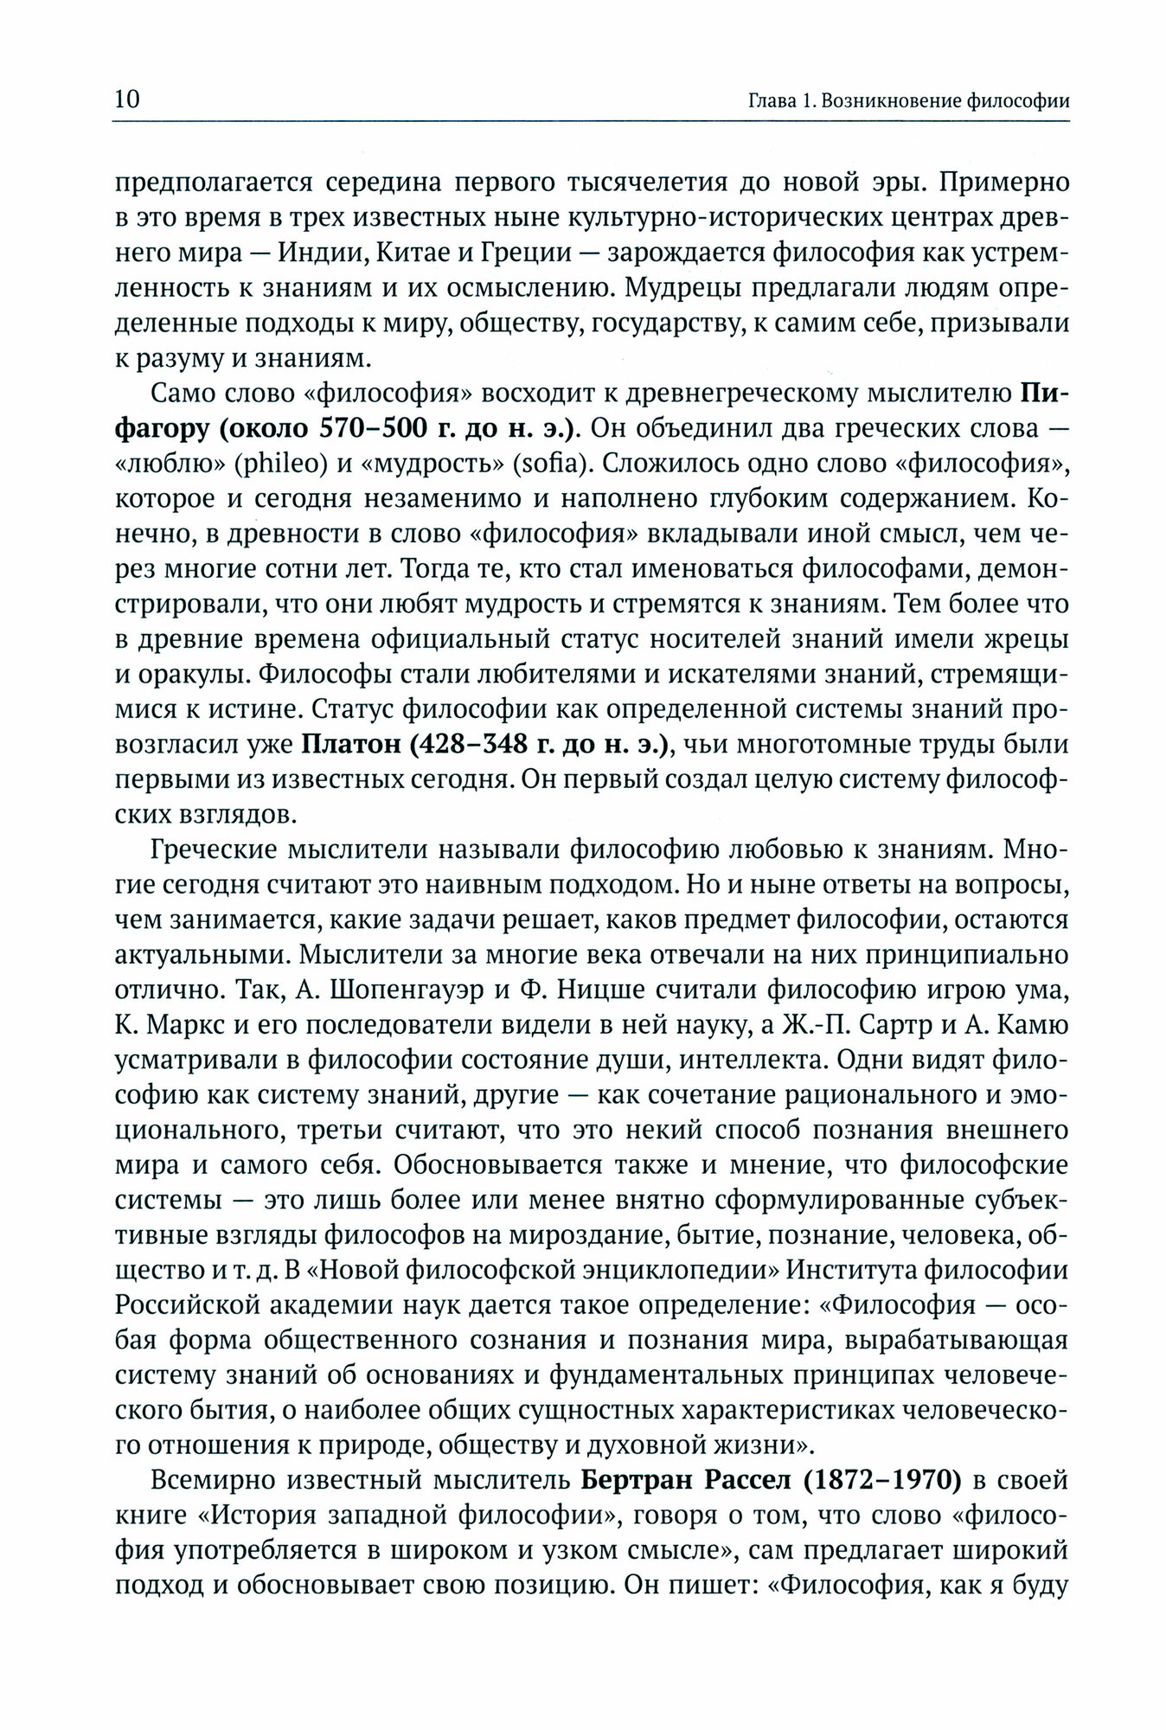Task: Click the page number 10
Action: pos(126,99)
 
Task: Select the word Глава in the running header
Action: pos(772,100)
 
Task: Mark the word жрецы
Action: pos(1022,642)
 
